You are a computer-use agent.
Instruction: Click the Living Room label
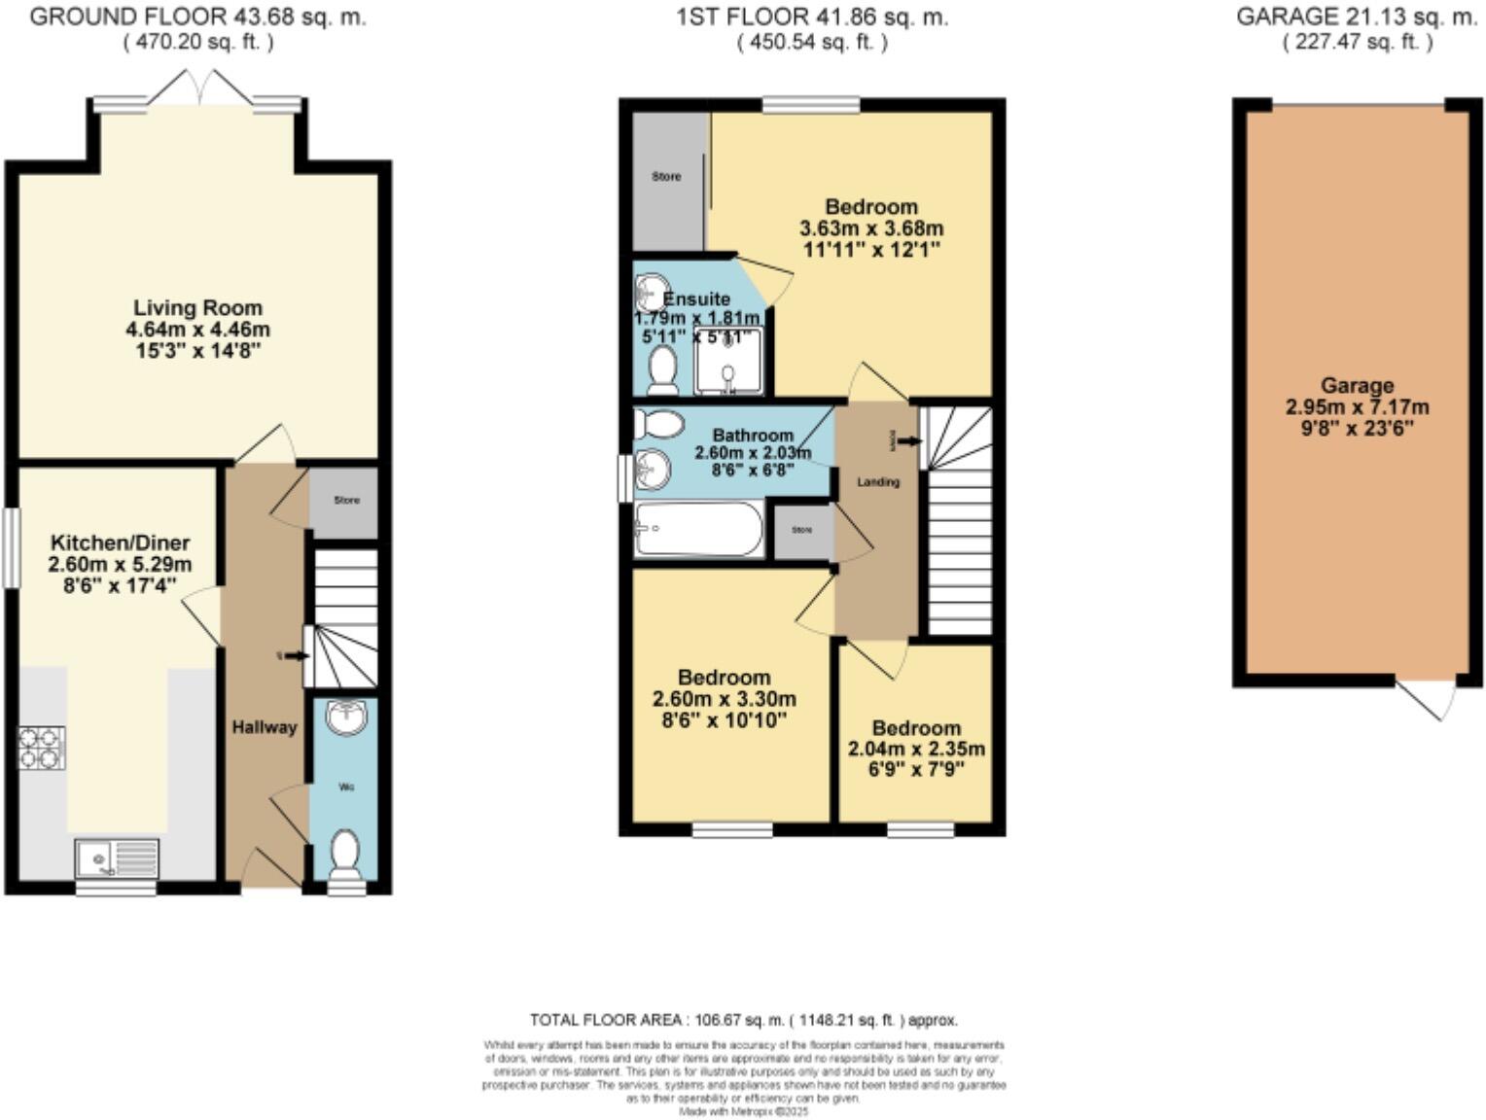tap(197, 308)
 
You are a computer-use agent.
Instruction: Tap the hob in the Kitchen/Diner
tap(42, 748)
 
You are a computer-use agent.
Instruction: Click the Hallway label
tap(264, 727)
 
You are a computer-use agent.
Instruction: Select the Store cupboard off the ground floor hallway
tap(346, 501)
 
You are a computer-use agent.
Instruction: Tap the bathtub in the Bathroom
tap(697, 529)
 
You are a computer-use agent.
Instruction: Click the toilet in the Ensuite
tap(664, 370)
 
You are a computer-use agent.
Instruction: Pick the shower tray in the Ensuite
tap(729, 362)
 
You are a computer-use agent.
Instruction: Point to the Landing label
tap(877, 481)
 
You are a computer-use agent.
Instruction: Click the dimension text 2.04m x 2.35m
tap(916, 749)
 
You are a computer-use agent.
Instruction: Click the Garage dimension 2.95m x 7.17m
tap(1357, 407)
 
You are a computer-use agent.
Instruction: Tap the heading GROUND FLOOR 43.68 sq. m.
tap(198, 17)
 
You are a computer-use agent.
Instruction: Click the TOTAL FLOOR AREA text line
tap(743, 1020)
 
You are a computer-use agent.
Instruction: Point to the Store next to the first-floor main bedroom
tap(667, 178)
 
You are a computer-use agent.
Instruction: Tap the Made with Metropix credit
tap(743, 1110)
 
